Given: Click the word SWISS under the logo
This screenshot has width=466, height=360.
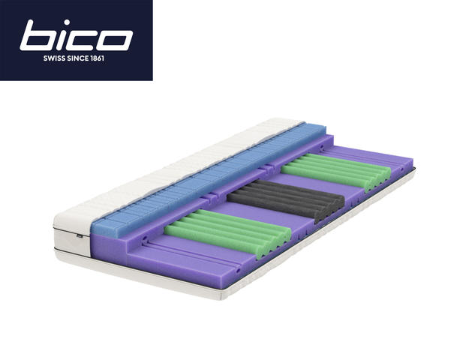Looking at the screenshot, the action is [x=54, y=58].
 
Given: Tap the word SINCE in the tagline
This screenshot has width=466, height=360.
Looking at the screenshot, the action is [x=78, y=58].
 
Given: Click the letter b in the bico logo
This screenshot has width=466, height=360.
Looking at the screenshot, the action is [x=38, y=35].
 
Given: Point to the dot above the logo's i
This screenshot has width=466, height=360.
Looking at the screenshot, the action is [x=67, y=22].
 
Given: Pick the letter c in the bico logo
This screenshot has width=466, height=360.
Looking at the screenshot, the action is [x=83, y=40].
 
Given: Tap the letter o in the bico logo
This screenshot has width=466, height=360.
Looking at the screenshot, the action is [x=114, y=40].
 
